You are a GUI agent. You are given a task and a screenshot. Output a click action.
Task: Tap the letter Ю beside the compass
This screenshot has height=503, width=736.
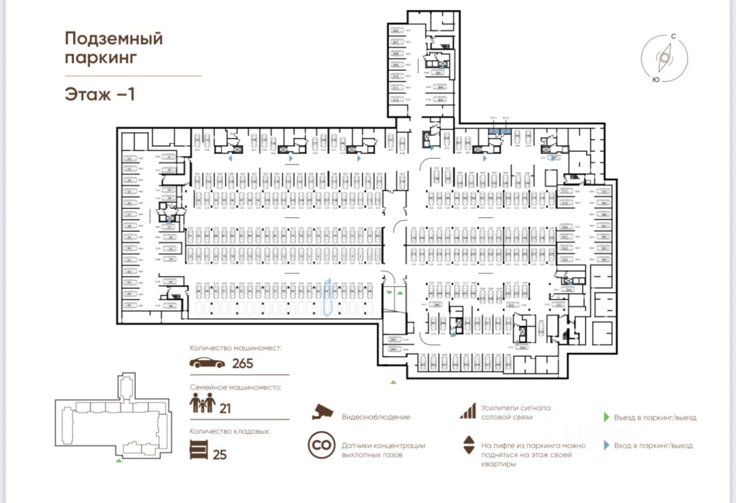(x=655, y=80)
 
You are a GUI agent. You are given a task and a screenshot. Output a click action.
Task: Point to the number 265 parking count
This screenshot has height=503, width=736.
(x=243, y=364)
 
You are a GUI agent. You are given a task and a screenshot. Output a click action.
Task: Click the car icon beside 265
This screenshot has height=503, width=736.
(x=208, y=363)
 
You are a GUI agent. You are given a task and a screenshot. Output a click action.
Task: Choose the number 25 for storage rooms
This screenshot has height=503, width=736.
(x=220, y=455)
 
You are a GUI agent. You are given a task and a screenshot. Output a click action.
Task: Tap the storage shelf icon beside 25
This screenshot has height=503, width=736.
(x=198, y=449)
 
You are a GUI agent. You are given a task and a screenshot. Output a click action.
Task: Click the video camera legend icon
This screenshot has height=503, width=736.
(x=323, y=411)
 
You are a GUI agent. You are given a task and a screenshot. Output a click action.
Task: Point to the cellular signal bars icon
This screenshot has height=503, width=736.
(x=467, y=411)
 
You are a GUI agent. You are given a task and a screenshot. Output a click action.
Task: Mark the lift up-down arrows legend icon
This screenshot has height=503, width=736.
(x=469, y=445)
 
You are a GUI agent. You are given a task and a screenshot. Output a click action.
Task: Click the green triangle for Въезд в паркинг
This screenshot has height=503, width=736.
(x=606, y=417)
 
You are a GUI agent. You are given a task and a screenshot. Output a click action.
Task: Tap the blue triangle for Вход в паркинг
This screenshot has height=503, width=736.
(x=606, y=445)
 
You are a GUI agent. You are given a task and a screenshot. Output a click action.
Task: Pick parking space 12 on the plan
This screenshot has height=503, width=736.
(x=129, y=158)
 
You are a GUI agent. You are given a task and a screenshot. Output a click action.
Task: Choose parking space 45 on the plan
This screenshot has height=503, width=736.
(x=129, y=305)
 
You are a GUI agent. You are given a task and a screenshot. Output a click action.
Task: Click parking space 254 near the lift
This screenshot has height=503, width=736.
(x=523, y=347)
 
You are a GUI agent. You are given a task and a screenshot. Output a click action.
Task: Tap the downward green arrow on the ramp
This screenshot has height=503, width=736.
(x=389, y=294)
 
